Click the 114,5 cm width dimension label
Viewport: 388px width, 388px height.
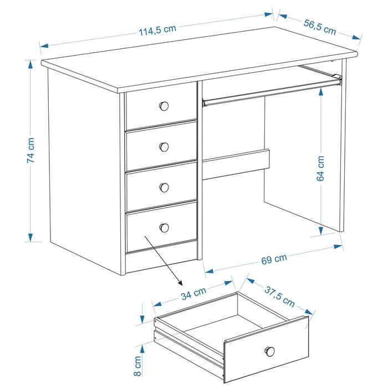click(x=157, y=30)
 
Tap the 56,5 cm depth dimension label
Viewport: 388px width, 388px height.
click(x=320, y=27)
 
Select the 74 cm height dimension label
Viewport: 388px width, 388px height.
click(x=31, y=150)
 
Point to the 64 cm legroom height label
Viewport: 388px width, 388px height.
click(x=320, y=169)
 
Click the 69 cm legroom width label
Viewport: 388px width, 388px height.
click(x=274, y=259)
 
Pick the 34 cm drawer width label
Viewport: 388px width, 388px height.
click(x=193, y=293)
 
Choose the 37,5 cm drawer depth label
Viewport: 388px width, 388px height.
click(x=279, y=297)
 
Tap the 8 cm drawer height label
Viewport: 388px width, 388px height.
click(x=137, y=366)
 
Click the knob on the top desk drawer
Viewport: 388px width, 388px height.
click(x=164, y=106)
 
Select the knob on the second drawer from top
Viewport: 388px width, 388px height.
click(x=164, y=147)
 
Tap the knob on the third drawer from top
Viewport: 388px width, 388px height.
click(x=164, y=187)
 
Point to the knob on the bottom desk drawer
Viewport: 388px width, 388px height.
click(x=164, y=228)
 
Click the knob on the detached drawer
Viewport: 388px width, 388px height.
click(x=270, y=351)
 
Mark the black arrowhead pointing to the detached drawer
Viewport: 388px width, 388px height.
click(x=180, y=283)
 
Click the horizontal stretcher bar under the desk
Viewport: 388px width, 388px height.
click(x=236, y=164)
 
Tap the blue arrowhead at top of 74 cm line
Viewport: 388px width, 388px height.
click(x=30, y=64)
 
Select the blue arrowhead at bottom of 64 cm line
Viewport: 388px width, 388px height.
click(x=321, y=231)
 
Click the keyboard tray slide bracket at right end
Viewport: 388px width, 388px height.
click(x=337, y=79)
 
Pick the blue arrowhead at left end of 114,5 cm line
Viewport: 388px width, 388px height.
click(x=44, y=46)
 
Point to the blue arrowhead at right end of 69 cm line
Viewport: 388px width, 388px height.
click(x=338, y=247)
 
